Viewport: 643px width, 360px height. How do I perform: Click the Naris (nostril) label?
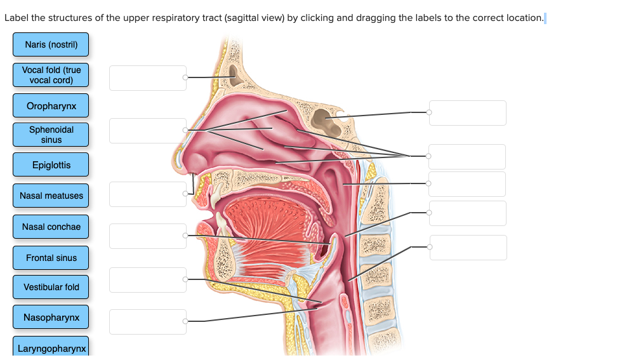point(51,44)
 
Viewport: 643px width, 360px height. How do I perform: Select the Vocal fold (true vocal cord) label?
point(51,75)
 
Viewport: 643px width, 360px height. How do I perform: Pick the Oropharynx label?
point(51,105)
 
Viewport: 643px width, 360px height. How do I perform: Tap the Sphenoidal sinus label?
point(51,135)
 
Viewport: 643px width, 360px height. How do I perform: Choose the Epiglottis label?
point(51,165)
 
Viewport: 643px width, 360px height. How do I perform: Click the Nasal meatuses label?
point(51,196)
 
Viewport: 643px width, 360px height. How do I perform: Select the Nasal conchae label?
point(51,227)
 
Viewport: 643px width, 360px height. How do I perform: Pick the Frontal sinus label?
point(51,258)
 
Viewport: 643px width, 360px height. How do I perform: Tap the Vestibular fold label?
point(51,287)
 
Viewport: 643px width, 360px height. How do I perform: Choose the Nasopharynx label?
point(51,317)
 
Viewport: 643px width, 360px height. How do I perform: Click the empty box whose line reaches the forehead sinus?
point(147,77)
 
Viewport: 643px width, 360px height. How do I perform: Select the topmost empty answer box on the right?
point(468,113)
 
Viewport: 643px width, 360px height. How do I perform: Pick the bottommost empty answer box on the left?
point(147,321)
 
